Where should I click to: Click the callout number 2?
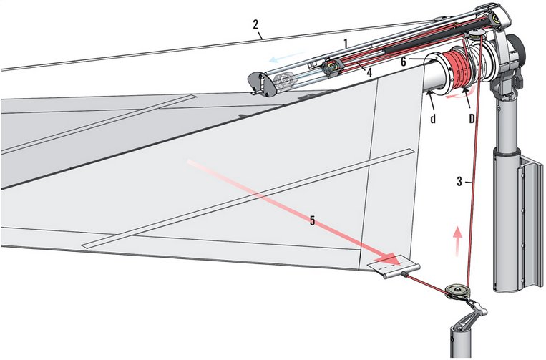(256, 24)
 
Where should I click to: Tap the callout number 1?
(346, 44)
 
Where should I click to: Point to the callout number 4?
(369, 72)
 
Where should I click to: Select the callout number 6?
(403, 62)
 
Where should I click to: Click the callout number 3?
(459, 181)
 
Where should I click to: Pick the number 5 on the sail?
(312, 220)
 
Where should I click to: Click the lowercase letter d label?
(433, 118)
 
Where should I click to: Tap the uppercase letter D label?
(472, 118)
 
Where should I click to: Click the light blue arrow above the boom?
(287, 57)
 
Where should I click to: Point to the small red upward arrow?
(458, 241)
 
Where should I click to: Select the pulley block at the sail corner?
(457, 291)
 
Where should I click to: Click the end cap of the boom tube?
(261, 84)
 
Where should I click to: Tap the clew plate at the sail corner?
(394, 266)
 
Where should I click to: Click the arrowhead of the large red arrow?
(390, 259)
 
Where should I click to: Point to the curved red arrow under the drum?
(460, 94)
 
